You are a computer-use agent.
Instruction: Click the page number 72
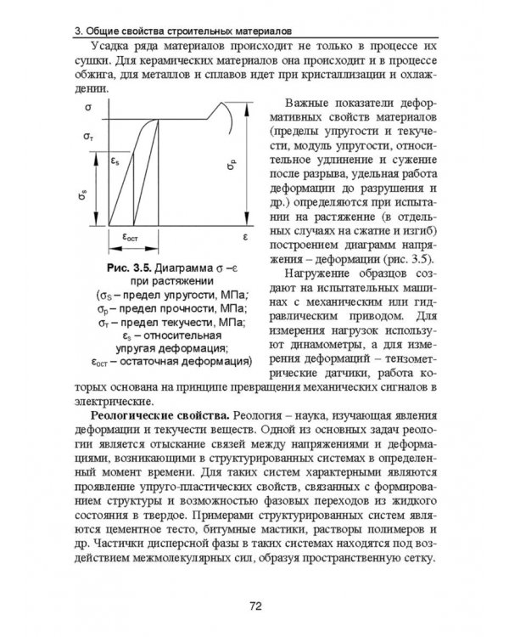(x=254, y=605)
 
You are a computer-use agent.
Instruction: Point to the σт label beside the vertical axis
(x=89, y=136)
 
